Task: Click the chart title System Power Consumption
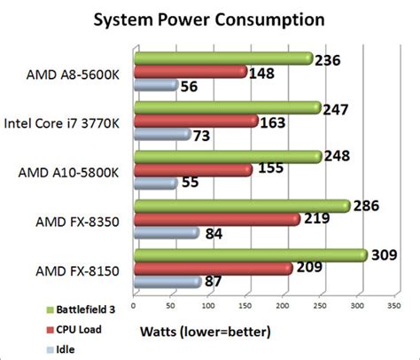click(209, 19)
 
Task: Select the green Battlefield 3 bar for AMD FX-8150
click(249, 255)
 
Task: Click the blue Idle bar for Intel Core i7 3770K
click(161, 134)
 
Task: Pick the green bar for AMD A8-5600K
click(222, 59)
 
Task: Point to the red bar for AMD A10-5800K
click(191, 169)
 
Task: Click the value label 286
click(368, 206)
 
